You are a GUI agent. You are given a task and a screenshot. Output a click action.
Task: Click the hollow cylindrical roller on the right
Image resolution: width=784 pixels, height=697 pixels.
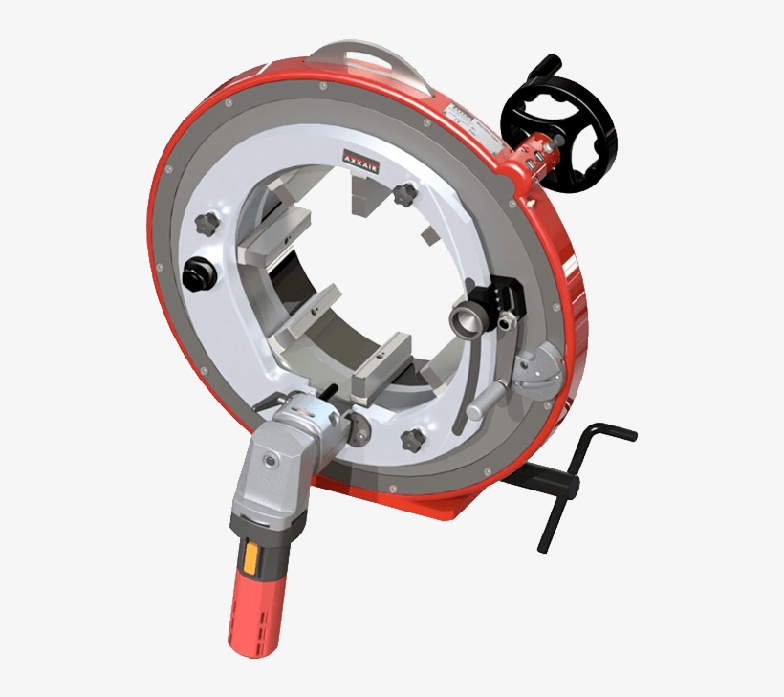click(x=470, y=316)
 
